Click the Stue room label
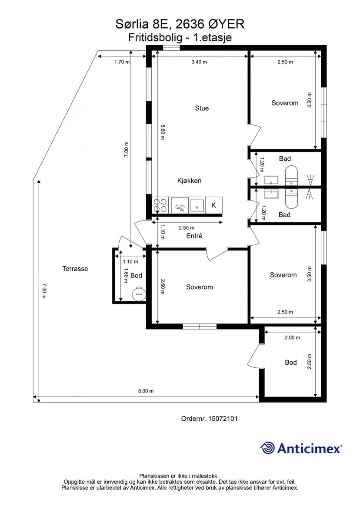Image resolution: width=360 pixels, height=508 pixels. (202, 108)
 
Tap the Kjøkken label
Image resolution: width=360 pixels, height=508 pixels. (190, 181)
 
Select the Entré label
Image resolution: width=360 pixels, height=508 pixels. (194, 236)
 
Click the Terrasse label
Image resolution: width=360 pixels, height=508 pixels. (75, 269)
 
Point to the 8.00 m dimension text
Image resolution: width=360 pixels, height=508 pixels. (146, 391)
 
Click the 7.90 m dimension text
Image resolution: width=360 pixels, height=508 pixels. (44, 290)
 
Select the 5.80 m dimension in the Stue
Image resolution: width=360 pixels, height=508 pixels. (163, 132)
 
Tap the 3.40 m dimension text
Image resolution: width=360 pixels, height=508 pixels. (199, 62)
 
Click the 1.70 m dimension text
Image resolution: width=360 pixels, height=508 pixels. (122, 62)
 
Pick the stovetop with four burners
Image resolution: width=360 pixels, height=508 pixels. (160, 205)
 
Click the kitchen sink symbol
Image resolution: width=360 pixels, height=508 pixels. (197, 205)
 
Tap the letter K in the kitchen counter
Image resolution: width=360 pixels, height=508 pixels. (213, 205)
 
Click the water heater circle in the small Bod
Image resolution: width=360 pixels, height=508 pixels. (139, 294)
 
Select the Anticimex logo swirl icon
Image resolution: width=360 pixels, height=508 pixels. (267, 448)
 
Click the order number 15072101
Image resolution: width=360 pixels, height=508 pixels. (223, 419)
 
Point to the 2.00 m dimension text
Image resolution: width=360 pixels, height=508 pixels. (292, 338)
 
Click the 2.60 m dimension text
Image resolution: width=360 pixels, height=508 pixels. (163, 287)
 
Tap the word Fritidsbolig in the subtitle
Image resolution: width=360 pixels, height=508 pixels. (155, 38)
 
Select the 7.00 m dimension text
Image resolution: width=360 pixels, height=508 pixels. (127, 149)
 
